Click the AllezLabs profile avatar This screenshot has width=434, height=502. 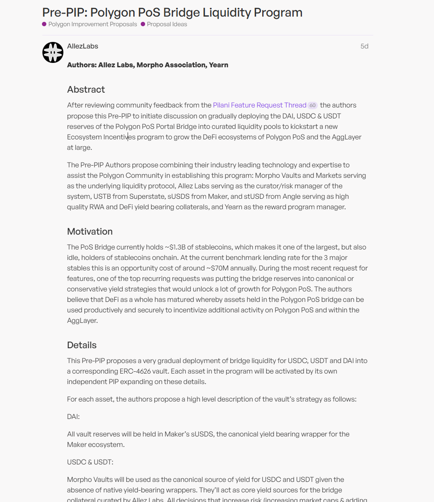tap(53, 52)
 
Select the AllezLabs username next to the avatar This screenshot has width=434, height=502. tap(83, 46)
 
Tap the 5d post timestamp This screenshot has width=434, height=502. tap(364, 46)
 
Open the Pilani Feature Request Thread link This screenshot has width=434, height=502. tap(260, 105)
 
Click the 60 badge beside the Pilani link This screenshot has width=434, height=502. tap(312, 106)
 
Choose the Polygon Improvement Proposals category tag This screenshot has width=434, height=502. tap(92, 24)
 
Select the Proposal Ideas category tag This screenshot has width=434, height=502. tap(167, 24)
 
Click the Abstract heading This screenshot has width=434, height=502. tap(86, 90)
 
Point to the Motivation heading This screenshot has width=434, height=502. tap(90, 232)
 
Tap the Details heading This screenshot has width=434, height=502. tap(82, 345)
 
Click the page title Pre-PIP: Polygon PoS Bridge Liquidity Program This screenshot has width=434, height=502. tap(172, 12)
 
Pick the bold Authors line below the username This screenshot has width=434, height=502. tap(148, 65)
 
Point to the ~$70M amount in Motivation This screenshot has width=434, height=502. tap(219, 268)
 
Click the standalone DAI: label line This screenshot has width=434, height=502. tap(73, 417)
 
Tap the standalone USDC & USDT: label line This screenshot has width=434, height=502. tap(90, 462)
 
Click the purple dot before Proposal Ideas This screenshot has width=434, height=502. tap(143, 24)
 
